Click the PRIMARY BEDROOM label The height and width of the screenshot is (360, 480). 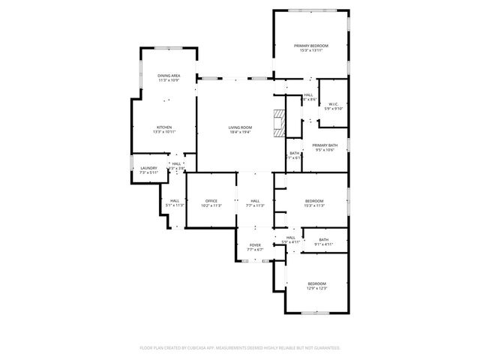tap(310, 46)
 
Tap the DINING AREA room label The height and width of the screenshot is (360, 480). tap(168, 76)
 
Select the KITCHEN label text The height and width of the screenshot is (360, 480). tap(164, 127)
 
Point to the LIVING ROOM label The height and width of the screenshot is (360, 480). tap(240, 127)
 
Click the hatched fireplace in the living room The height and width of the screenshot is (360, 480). tap(280, 123)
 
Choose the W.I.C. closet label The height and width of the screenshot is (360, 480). tap(332, 104)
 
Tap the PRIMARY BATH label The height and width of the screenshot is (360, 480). tap(325, 145)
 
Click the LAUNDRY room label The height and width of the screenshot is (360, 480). tap(148, 168)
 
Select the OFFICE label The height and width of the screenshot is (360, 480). tap(211, 200)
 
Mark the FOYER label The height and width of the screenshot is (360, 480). tap(255, 245)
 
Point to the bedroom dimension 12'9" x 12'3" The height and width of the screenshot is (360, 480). tap(316, 287)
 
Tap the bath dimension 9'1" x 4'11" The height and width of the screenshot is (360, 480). tap(323, 244)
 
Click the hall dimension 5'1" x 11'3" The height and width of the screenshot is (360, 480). tap(174, 205)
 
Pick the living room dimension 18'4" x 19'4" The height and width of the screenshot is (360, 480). tap(240, 132)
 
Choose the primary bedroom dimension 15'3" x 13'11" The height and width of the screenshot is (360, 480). tap(310, 50)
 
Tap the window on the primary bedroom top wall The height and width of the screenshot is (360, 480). tap(310, 10)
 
